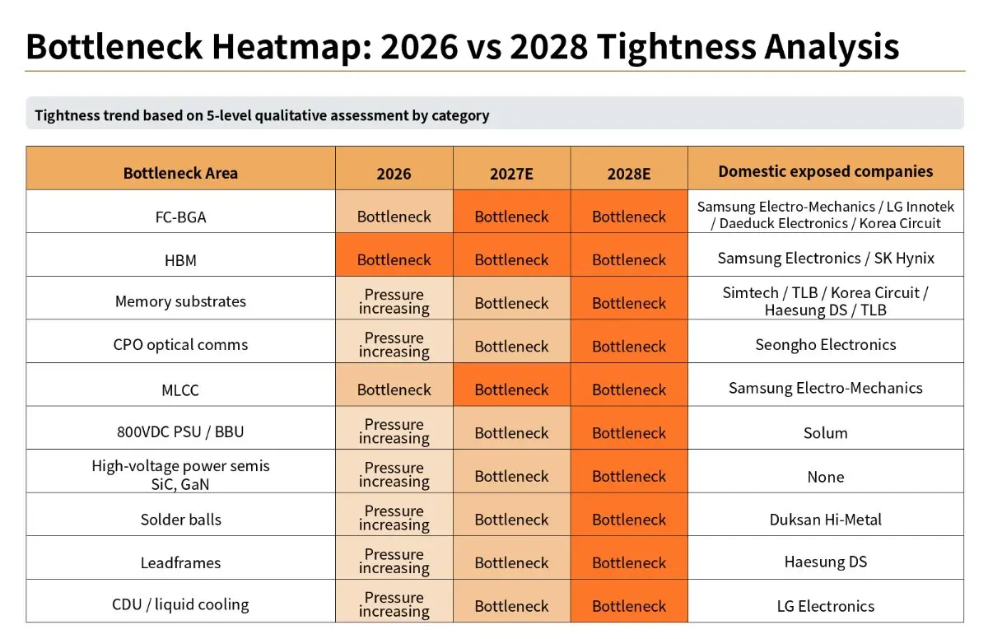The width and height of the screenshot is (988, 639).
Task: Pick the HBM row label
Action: pos(180,260)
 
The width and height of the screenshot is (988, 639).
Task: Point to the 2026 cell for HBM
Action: pos(394,254)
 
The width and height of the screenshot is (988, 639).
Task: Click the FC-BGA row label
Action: pos(180,217)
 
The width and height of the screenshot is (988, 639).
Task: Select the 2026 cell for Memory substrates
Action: pos(394,297)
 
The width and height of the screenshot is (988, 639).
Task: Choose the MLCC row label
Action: pos(180,389)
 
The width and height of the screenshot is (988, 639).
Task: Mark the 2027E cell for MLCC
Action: pos(511,385)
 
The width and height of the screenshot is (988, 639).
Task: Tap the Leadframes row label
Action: pos(180,562)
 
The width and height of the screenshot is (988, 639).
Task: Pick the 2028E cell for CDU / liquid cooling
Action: pos(628,601)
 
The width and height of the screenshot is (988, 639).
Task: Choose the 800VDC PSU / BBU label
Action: pos(180,431)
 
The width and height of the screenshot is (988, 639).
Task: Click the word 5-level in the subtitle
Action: pos(230,115)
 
